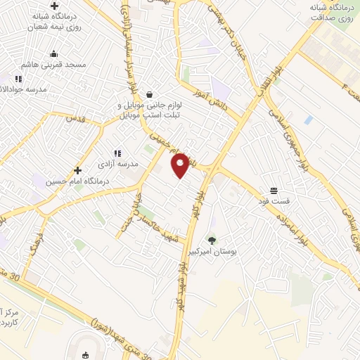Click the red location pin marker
pyautogui.click(x=181, y=165)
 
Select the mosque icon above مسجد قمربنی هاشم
pyautogui.click(x=53, y=53)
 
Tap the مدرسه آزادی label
pyautogui.click(x=119, y=164)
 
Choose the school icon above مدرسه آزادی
pyautogui.click(x=117, y=153)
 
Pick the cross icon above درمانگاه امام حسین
pyautogui.click(x=77, y=170)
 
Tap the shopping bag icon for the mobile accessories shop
pyautogui.click(x=149, y=94)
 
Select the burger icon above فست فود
pyautogui.click(x=273, y=191)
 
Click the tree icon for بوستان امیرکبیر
pyautogui.click(x=212, y=240)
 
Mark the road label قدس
pyautogui.click(x=75, y=120)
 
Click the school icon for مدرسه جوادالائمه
pyautogui.click(x=18, y=79)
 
